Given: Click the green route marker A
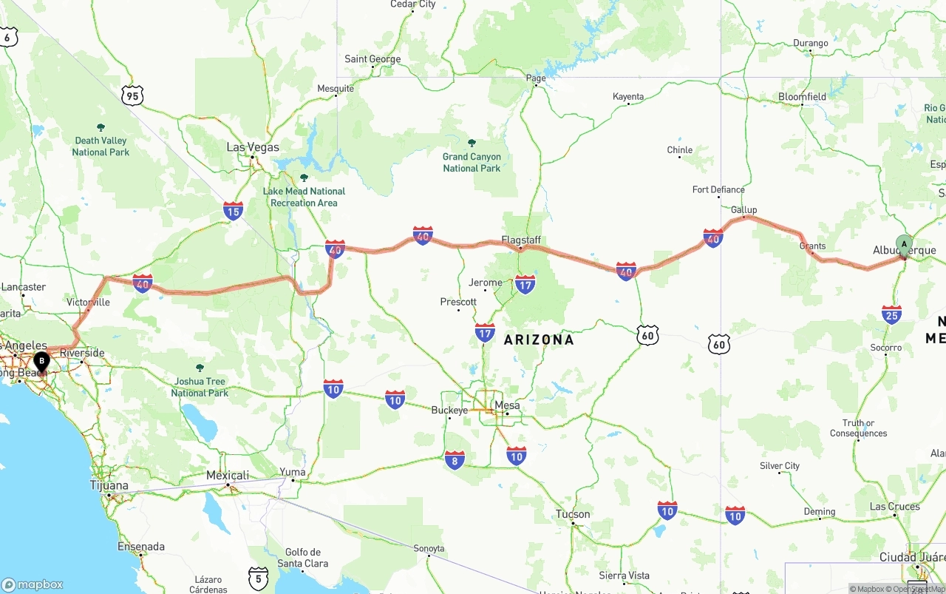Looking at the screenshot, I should pos(904,245).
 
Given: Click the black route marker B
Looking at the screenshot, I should pos(42,362).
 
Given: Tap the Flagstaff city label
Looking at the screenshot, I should pos(521,240).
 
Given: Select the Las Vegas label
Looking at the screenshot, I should pos(253,147).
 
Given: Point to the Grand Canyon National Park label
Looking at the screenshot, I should pos(472,162).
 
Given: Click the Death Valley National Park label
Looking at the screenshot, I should pos(101,146).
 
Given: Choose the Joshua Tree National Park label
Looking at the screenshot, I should pos(200,387).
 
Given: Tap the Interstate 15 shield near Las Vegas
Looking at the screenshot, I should pos(234,211).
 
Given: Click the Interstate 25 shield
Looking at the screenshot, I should pos(892,314).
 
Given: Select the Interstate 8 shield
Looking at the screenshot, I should pos(455,460).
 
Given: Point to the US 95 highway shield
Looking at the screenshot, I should pos(133,95).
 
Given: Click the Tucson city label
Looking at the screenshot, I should pos(574,514).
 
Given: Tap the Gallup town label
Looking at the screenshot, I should pos(743,210).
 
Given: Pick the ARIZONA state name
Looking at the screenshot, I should pos(539,340).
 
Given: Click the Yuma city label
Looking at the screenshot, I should pos(292,472).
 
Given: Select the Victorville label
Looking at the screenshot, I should pos(88,302).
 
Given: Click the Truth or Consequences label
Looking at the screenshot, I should pos(858,428).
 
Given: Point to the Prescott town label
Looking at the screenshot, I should pos(458,302).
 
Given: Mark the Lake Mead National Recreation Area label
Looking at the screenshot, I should pos(304,197).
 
